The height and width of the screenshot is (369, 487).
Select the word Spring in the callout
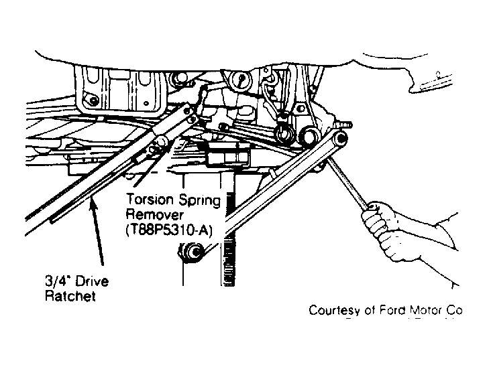click(197, 201)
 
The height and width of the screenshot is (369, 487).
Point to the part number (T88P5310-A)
click(168, 230)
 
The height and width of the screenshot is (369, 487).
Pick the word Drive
click(92, 281)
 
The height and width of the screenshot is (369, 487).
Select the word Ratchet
click(70, 296)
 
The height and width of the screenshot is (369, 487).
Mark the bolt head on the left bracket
click(93, 100)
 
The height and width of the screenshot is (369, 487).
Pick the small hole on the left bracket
click(146, 103)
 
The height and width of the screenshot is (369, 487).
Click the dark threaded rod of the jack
click(230, 238)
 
